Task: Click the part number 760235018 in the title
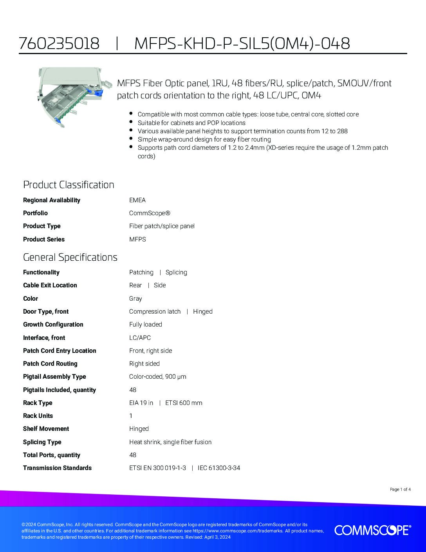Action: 59,44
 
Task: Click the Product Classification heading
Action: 69,185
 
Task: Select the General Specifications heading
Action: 70,257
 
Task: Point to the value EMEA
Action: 137,200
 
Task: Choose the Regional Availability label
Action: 52,200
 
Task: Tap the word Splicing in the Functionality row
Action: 176,272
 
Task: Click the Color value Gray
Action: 135,298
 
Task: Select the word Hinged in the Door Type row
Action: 203,311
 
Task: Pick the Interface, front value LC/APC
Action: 140,338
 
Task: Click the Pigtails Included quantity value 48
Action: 133,390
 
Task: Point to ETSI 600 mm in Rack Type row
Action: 184,403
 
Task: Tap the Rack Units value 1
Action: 131,416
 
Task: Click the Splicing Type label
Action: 42,442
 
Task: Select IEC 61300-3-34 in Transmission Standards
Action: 219,468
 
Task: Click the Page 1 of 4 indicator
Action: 400,489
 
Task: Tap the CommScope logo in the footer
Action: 372,530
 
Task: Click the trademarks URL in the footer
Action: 238,531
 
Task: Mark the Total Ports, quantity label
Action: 52,455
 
